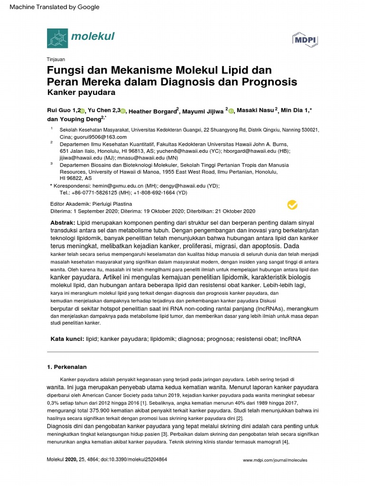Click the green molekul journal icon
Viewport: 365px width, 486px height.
coord(57,37)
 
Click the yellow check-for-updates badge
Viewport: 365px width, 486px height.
coord(293,205)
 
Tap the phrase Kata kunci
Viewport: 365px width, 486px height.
coord(67,339)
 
